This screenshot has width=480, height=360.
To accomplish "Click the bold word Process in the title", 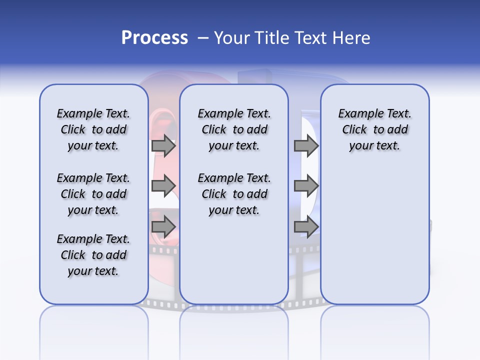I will coord(154,38).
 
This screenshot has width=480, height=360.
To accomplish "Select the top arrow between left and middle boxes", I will coord(163,145).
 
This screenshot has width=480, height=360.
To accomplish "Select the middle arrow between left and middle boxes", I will coord(163,186).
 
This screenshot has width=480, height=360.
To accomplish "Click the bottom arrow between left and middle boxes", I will coord(163,226).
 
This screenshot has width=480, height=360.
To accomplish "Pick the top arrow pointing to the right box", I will coord(306,145).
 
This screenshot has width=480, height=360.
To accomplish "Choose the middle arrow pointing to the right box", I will coord(306,186).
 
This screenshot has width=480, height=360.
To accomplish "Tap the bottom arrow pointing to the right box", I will coord(306,226).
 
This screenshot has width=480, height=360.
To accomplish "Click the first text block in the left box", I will coord(93,129).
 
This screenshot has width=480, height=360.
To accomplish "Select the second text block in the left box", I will coord(93,194).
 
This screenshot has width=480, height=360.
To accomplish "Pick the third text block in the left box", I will coord(93,255).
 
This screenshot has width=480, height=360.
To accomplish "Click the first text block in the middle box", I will coord(234,129).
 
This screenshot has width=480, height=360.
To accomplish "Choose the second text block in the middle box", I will coord(234,194).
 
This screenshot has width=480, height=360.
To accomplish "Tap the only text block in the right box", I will coord(374,129).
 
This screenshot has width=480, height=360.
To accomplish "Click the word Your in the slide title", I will coord(230,38).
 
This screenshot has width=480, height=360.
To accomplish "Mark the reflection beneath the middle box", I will coord(234,325).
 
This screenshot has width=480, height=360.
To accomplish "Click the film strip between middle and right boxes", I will coord(304,280).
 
